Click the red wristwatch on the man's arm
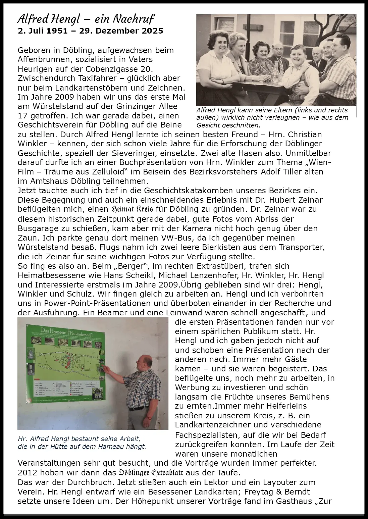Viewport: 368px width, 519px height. click(x=149, y=419)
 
